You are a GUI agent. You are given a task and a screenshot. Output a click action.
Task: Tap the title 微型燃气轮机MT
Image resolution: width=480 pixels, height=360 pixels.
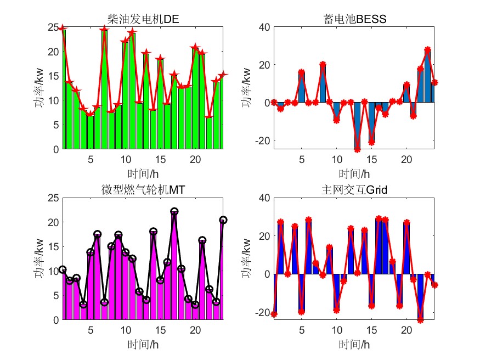(x=144, y=190)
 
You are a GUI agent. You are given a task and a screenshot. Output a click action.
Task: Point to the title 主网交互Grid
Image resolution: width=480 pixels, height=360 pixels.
(x=354, y=190)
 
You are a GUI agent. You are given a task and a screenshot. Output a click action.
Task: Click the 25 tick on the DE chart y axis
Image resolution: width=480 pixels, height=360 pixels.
(x=53, y=27)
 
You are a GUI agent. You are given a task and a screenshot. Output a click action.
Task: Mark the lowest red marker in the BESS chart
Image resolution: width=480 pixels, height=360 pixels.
(x=357, y=149)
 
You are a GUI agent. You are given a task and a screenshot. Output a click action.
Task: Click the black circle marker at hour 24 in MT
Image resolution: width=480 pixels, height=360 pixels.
(x=223, y=220)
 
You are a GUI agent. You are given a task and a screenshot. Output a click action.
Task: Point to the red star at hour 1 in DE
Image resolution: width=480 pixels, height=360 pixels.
(x=63, y=28)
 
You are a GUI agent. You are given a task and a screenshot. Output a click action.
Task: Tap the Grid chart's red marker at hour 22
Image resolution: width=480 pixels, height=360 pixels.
(x=421, y=320)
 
